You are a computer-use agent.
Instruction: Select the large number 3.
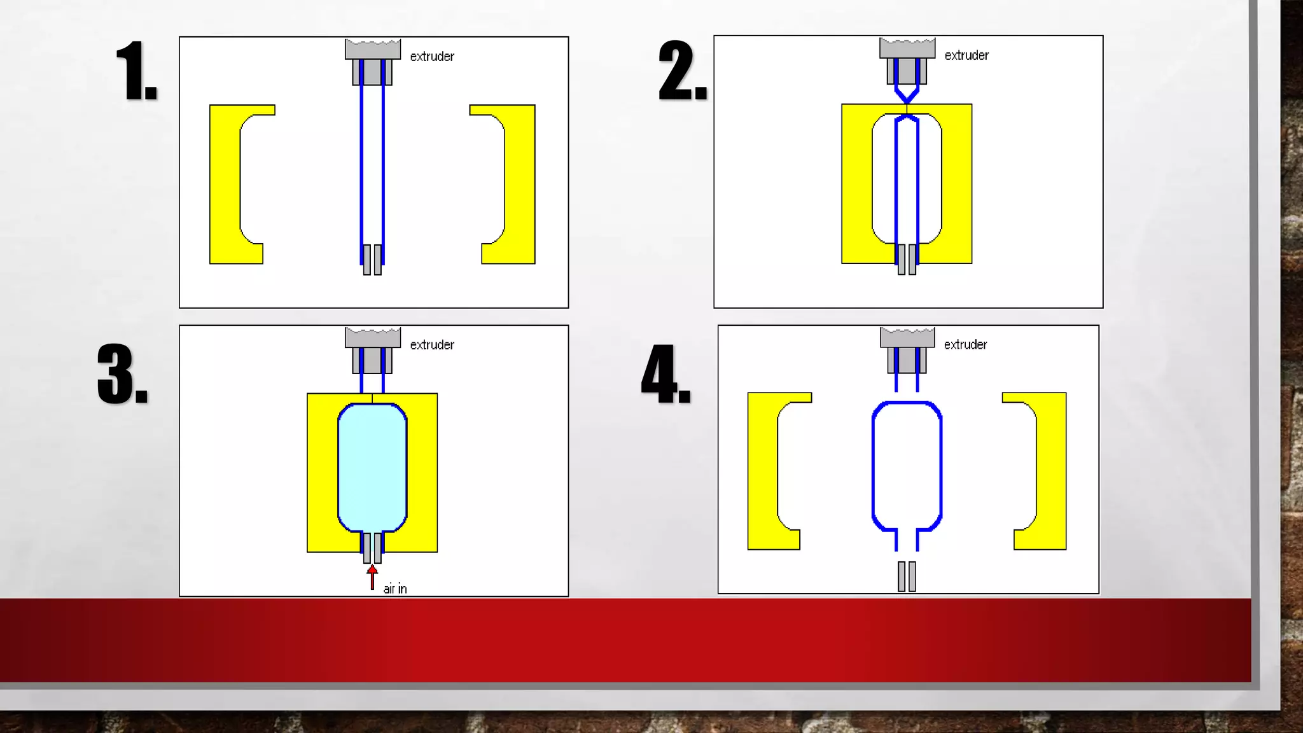tap(123, 374)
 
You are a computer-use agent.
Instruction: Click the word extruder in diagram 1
tap(432, 57)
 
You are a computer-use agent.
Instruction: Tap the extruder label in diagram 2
tap(966, 55)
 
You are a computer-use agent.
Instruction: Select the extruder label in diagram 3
tap(432, 345)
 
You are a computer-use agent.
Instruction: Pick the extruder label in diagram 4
tap(965, 344)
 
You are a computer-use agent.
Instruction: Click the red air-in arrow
tap(372, 577)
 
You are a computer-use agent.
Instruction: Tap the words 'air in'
tap(394, 589)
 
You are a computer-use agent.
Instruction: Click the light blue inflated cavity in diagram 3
tap(372, 468)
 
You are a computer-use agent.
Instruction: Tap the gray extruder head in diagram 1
tap(373, 61)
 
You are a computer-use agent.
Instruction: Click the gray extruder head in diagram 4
tap(907, 350)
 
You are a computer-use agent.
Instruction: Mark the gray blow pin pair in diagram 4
tap(907, 576)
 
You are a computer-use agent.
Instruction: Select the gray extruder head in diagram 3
tap(373, 350)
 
